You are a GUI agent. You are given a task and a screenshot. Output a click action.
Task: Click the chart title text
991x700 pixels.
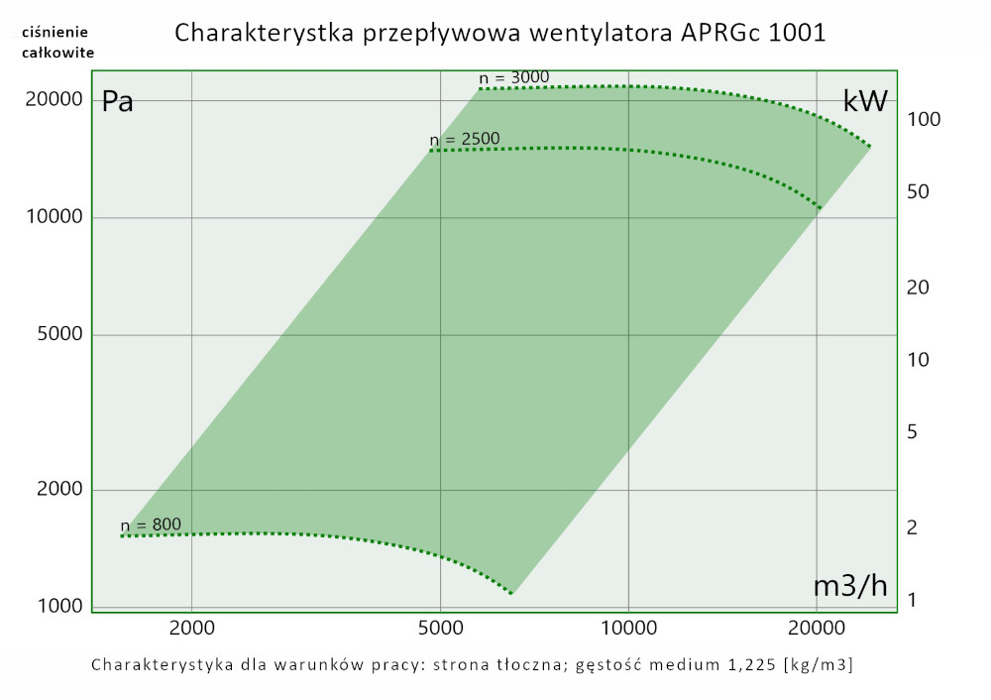coord(500,33)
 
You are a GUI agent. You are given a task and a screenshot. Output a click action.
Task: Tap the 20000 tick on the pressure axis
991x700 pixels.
coord(53,100)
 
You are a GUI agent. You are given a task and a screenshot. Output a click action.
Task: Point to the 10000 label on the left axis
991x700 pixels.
coord(53,218)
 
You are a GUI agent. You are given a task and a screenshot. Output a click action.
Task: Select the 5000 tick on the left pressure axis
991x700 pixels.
coord(57,335)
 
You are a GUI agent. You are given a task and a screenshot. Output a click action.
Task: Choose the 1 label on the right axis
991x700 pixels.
coord(912,600)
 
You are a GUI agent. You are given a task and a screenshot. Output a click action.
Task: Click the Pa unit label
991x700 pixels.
coord(118,101)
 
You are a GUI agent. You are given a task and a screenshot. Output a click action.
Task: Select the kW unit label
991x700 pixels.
coord(864,101)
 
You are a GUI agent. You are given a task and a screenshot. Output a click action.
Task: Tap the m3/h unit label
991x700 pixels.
coord(850,586)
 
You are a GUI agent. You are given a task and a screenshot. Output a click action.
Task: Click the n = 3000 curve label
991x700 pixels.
coord(513,77)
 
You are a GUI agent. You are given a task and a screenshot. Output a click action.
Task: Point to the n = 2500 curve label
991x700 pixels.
coord(465,139)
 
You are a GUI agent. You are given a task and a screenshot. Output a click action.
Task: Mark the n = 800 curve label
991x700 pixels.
coord(152,525)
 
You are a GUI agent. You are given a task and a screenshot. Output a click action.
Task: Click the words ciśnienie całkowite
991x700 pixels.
coord(57,43)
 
